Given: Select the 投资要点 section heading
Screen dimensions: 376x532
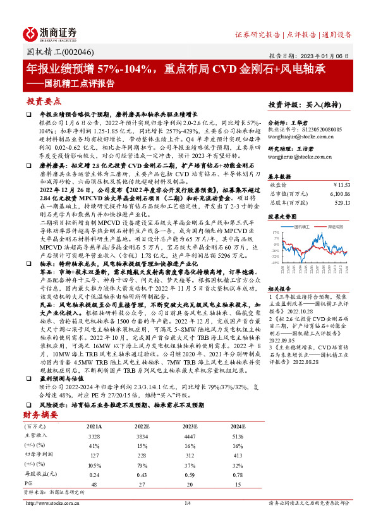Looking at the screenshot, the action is (x=44, y=101).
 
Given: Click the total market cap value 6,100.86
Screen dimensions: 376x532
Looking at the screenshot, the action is (x=337, y=194).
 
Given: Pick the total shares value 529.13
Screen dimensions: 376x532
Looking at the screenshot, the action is (x=340, y=203).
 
